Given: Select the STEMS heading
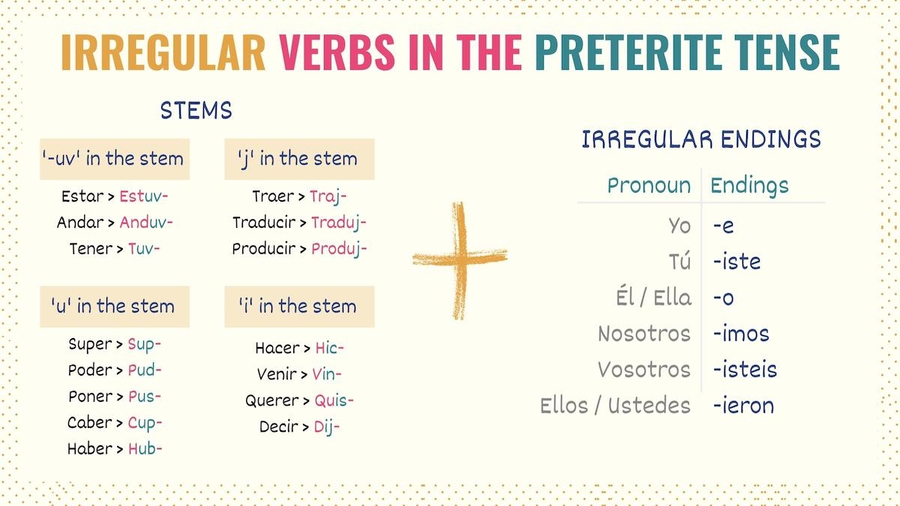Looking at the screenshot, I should click(x=196, y=111).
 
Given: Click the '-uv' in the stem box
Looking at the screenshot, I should click(x=114, y=158).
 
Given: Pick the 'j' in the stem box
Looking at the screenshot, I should click(x=298, y=158).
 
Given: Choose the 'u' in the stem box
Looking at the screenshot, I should click(x=114, y=306).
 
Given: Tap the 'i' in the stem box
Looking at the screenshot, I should click(x=298, y=306).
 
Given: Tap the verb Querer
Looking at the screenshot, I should click(x=272, y=400).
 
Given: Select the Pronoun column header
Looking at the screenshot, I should click(x=649, y=185).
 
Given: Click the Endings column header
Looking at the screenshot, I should click(x=749, y=185).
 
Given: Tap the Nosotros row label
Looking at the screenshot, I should click(x=643, y=334).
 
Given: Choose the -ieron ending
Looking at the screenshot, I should click(x=743, y=406).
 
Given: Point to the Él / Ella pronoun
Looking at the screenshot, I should click(x=652, y=298).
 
